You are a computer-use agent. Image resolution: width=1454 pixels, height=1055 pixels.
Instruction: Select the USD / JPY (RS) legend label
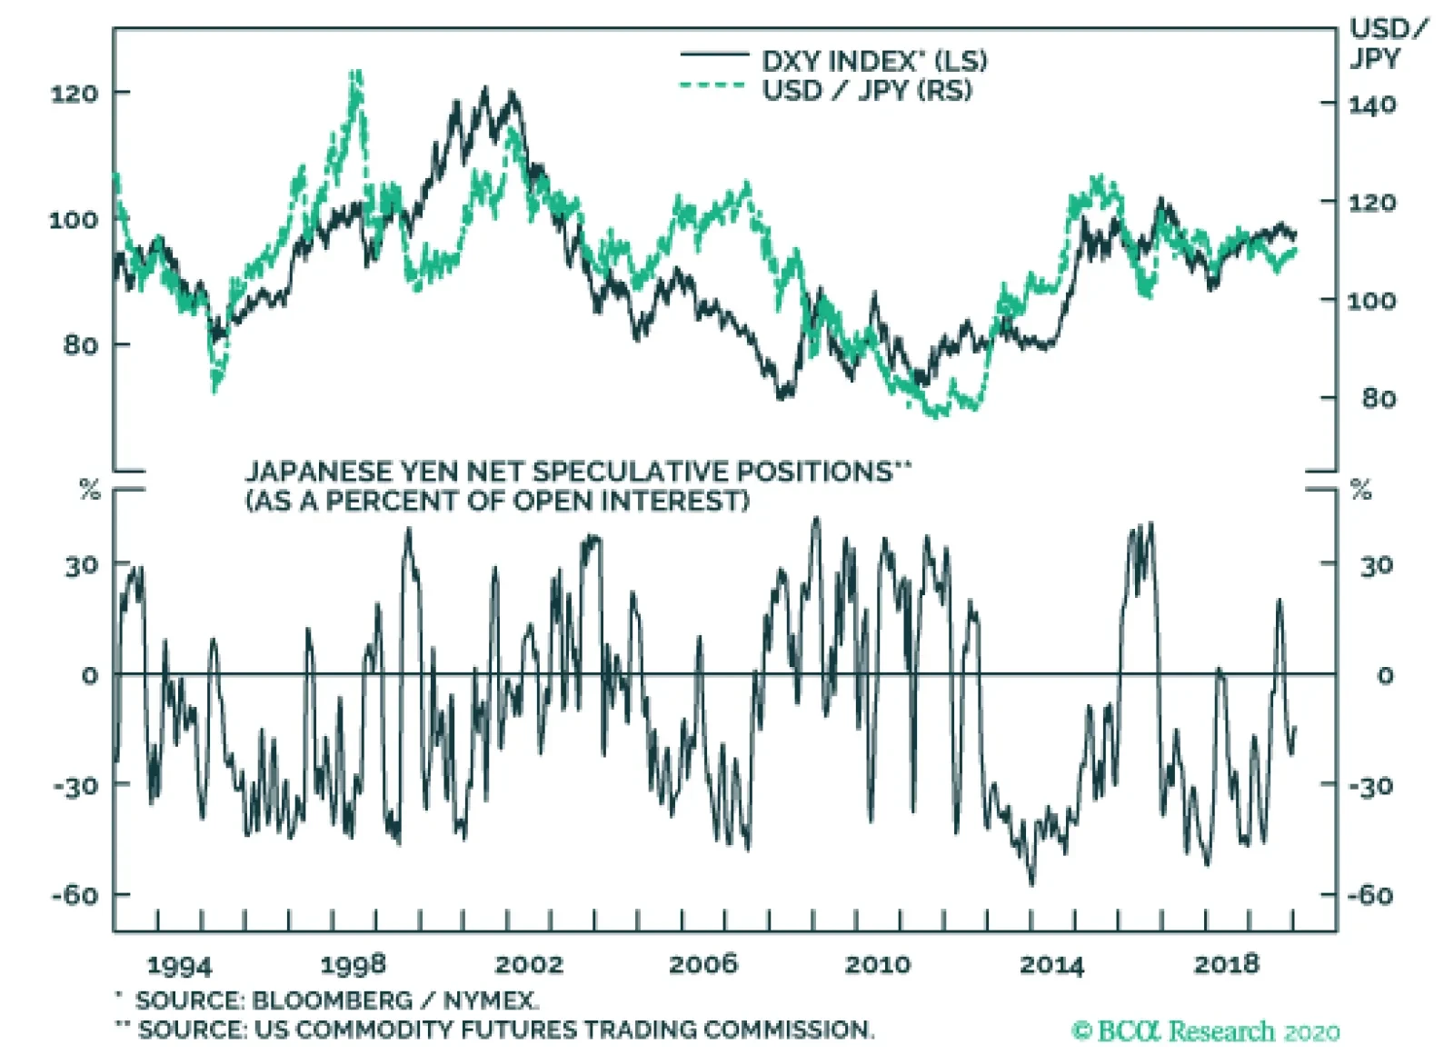[x=866, y=90]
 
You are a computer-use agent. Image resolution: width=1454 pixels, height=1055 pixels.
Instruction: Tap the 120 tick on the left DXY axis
[x=75, y=93]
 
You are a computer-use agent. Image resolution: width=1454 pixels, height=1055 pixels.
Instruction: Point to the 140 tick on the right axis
[x=1371, y=105]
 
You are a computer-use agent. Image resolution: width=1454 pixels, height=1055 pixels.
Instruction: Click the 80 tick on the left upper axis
[x=81, y=345]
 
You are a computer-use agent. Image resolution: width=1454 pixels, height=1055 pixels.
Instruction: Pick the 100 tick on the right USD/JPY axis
[x=1371, y=300]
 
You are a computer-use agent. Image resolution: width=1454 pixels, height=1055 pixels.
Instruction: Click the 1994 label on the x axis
[x=179, y=965]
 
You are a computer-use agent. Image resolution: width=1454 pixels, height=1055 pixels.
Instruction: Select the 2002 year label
[x=529, y=964]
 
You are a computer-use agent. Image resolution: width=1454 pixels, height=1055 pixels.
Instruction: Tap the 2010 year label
[x=877, y=964]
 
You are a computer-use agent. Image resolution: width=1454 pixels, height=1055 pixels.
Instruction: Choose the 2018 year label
[x=1226, y=964]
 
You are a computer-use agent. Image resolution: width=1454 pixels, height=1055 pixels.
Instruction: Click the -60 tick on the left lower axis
[x=75, y=895]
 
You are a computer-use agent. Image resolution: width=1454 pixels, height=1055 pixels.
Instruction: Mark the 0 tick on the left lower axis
[x=89, y=676]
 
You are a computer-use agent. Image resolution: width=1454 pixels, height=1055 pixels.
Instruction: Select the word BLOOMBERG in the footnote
[x=332, y=1000]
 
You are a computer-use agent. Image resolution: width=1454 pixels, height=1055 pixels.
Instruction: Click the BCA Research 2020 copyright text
[x=1205, y=1031]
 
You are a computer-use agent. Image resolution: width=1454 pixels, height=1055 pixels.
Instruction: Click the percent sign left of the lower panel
[x=89, y=491]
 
